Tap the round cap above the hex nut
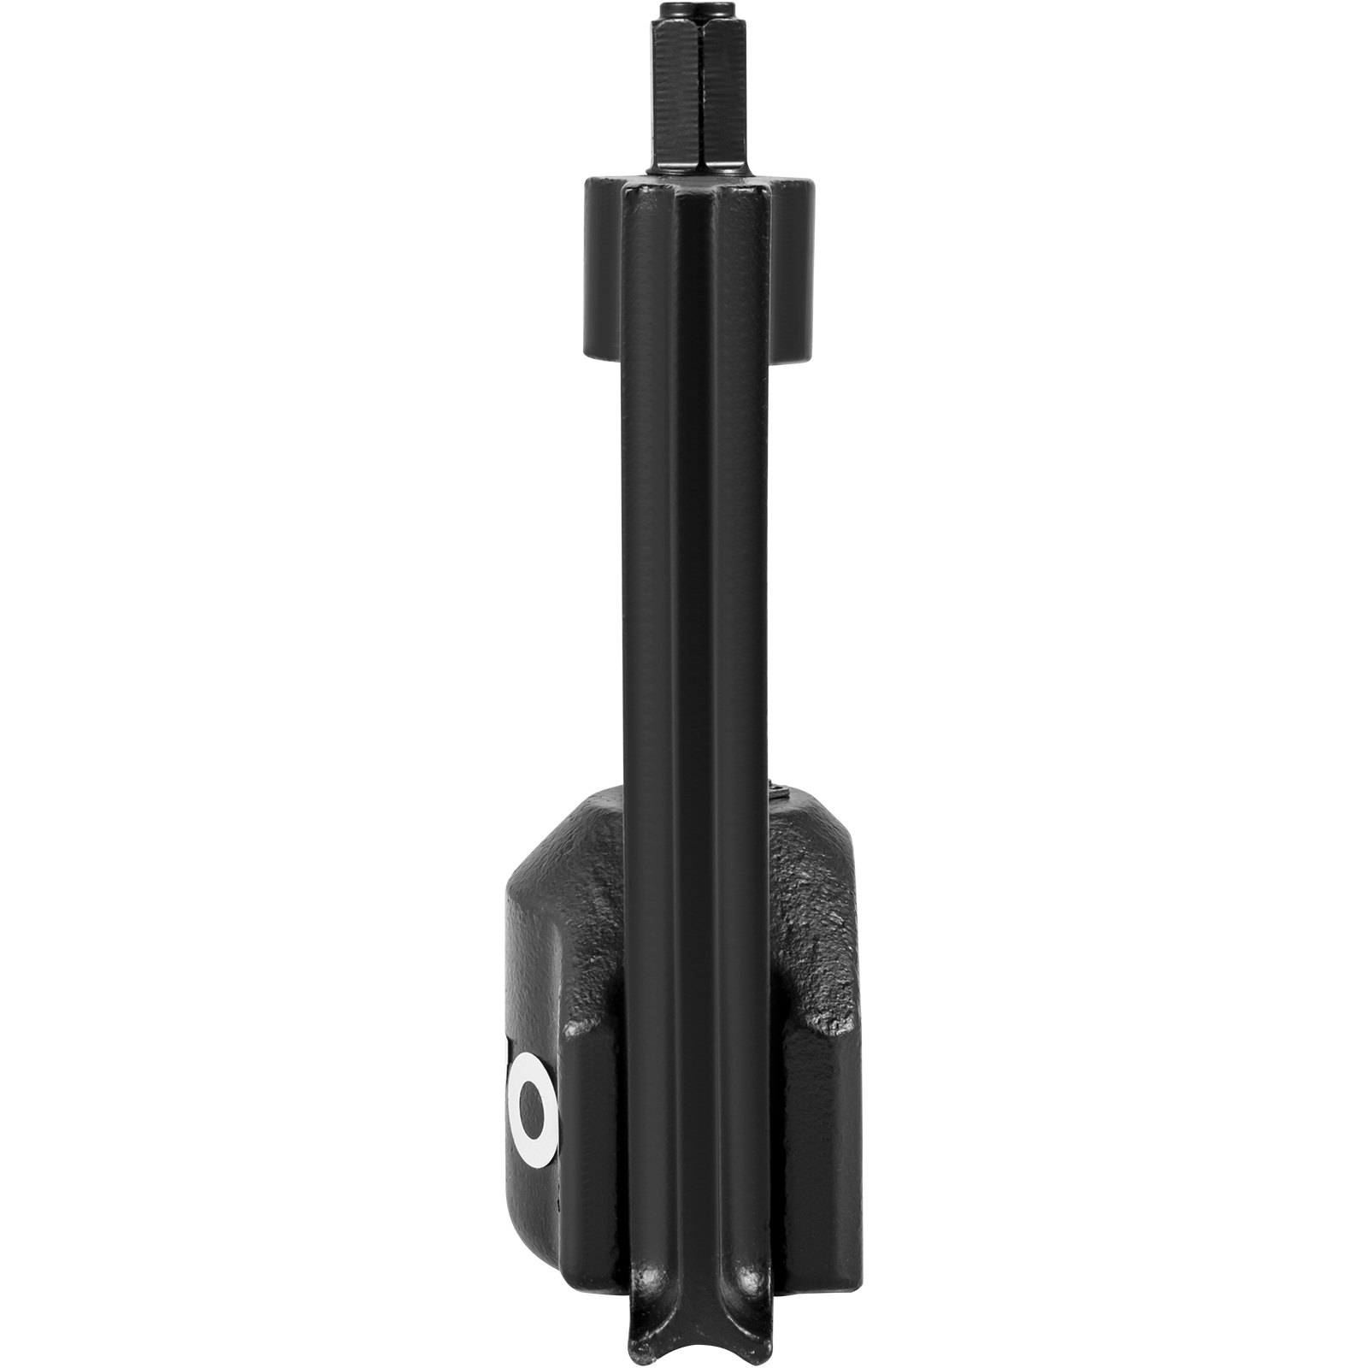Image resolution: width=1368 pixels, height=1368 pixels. pyautogui.click(x=683, y=15)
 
